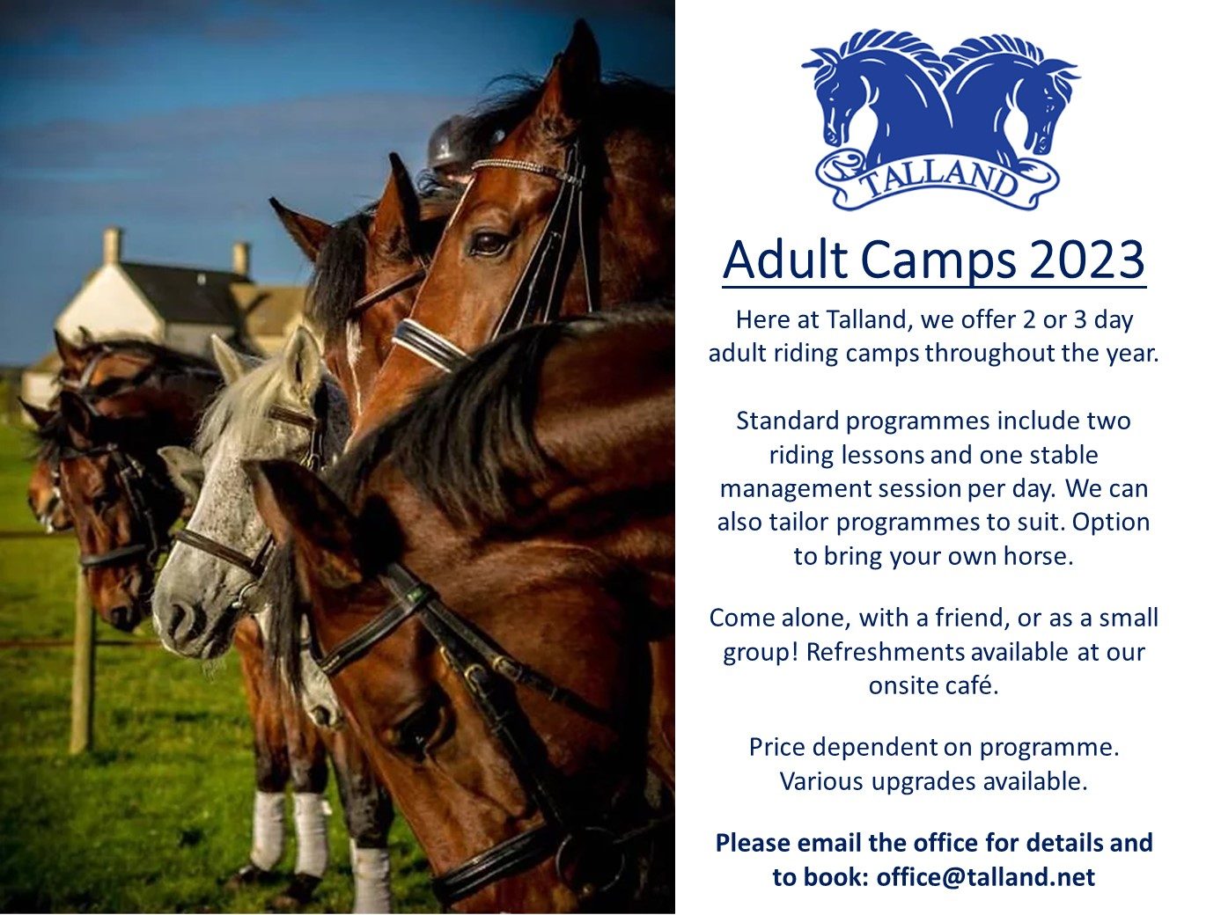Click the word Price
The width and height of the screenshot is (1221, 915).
777,747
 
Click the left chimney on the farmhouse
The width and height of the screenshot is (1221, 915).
111,245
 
